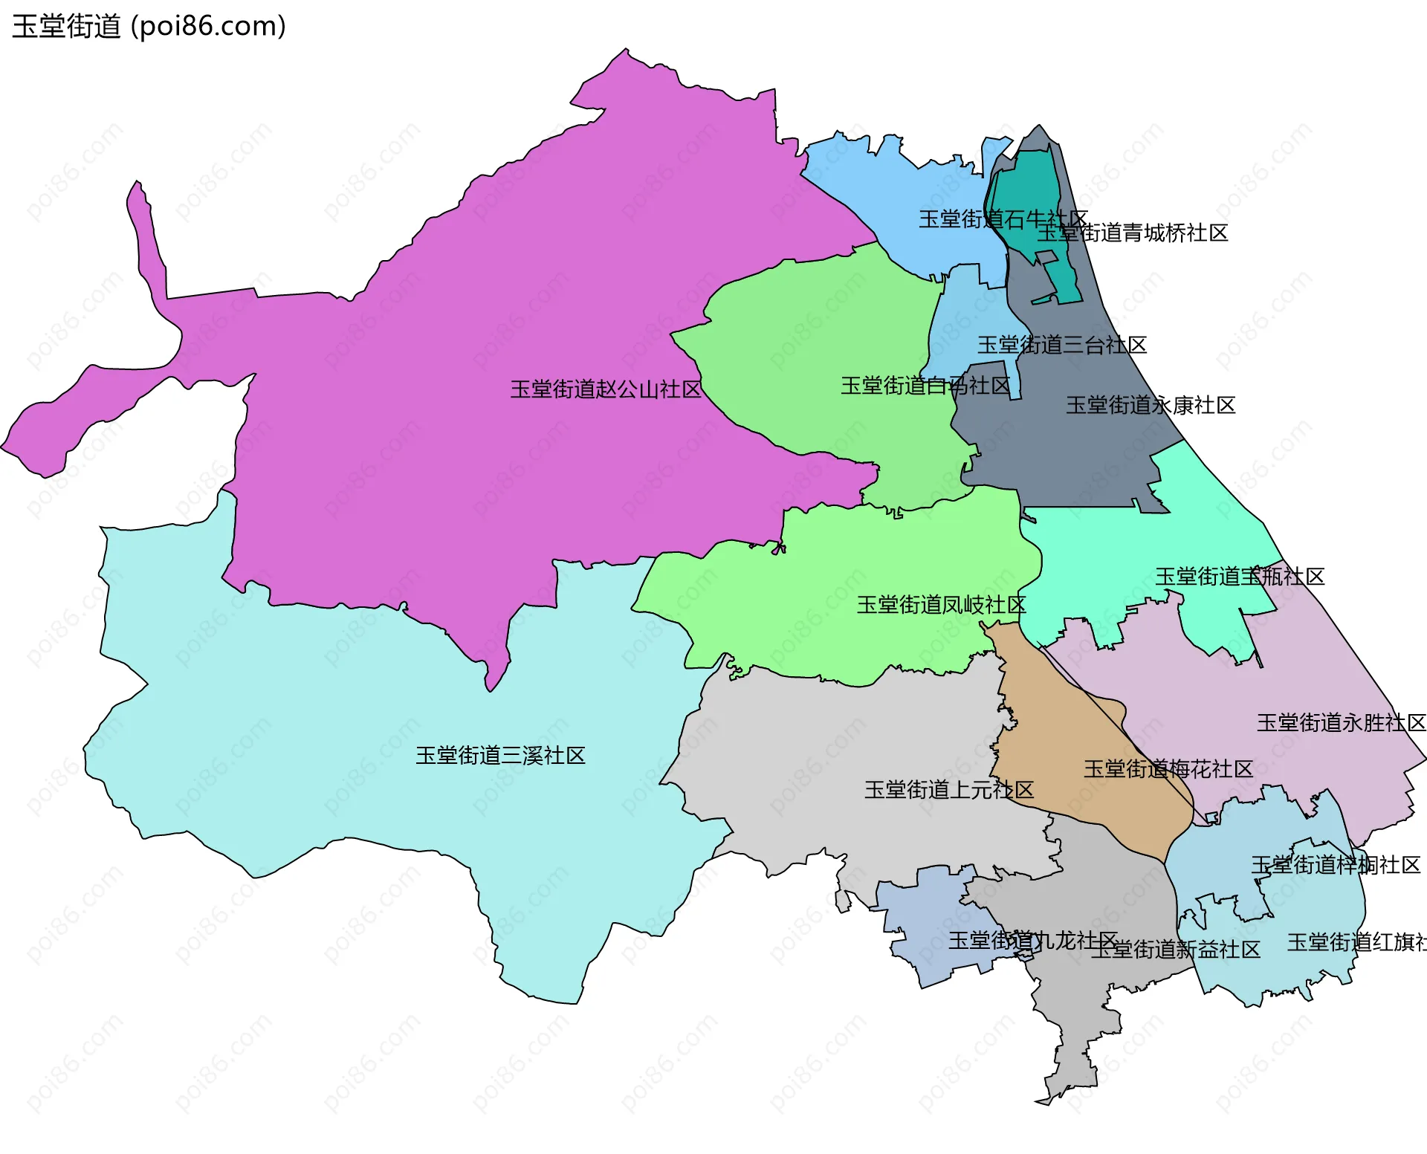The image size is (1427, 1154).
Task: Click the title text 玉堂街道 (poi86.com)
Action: (x=149, y=27)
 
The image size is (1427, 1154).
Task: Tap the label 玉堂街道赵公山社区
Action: (x=605, y=389)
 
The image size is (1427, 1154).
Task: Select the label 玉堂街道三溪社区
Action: (x=500, y=756)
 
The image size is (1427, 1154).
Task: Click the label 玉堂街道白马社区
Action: (x=925, y=386)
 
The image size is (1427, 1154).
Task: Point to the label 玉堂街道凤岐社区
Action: (x=941, y=605)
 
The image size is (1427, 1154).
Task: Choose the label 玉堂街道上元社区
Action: (x=948, y=790)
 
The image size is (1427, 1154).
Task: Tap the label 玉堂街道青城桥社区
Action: (x=1132, y=233)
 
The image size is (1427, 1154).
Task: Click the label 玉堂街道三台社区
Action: (x=1061, y=345)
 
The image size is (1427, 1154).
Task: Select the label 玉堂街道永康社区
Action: (x=1150, y=405)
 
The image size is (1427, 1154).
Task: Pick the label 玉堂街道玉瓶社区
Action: (x=1239, y=577)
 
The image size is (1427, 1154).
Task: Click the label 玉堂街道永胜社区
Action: (x=1340, y=723)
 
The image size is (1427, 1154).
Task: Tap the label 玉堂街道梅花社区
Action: (x=1168, y=769)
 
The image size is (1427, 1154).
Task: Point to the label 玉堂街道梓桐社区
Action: (x=1335, y=865)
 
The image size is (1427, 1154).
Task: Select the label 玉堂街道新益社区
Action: (x=1175, y=950)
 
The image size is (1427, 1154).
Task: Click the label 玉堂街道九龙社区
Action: (x=1032, y=941)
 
